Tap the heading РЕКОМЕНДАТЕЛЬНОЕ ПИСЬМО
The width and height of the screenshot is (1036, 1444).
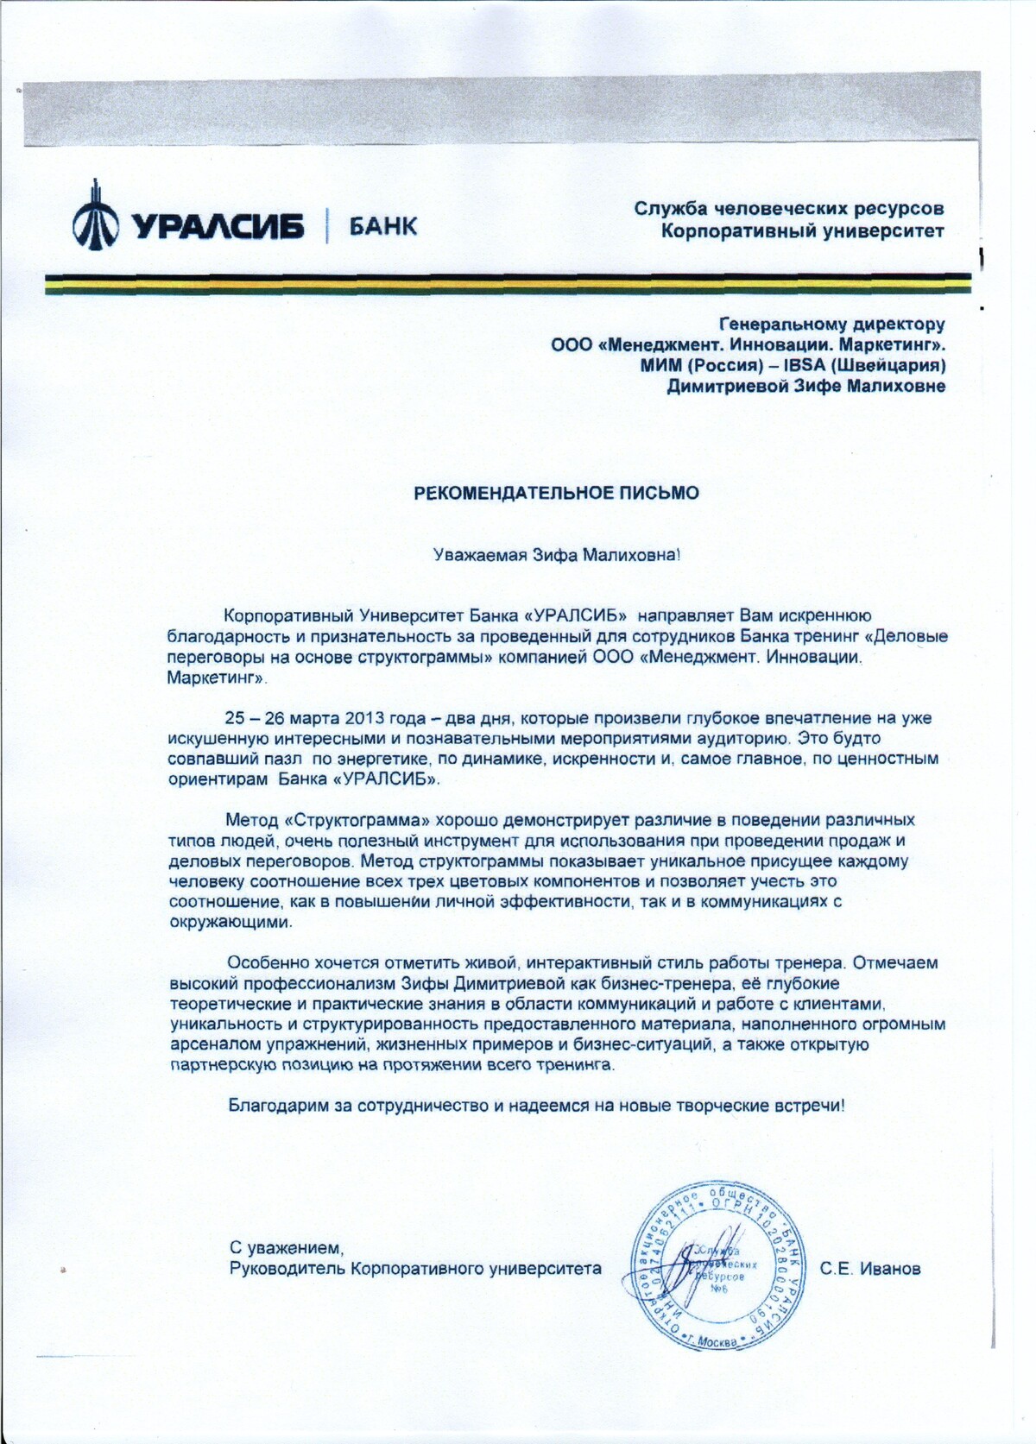pyautogui.click(x=557, y=493)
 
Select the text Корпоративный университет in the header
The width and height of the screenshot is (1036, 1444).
pyautogui.click(x=802, y=230)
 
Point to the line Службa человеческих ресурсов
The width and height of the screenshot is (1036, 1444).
pyautogui.click(x=789, y=208)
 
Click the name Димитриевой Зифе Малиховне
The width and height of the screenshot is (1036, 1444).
pyautogui.click(x=805, y=386)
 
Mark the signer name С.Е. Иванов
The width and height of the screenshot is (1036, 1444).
pyautogui.click(x=870, y=1268)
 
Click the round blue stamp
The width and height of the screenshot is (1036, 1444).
pyautogui.click(x=723, y=1265)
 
